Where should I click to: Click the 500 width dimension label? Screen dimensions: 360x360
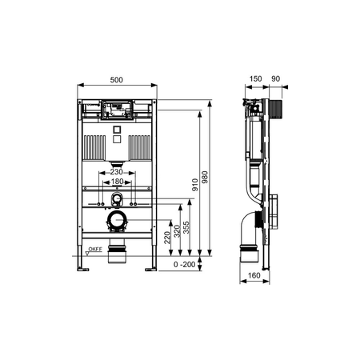click(x=117, y=80)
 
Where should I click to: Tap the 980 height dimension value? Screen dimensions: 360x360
click(x=205, y=177)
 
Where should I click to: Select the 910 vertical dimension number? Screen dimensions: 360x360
click(x=195, y=185)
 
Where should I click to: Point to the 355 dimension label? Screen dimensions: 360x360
click(x=186, y=227)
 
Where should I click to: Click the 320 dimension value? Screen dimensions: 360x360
click(x=177, y=231)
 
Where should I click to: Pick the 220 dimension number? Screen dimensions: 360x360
click(x=167, y=238)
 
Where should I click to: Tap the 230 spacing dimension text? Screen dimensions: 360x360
click(x=117, y=172)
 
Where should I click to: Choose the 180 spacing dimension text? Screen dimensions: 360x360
click(x=117, y=182)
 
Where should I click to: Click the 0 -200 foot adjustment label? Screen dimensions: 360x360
click(x=185, y=265)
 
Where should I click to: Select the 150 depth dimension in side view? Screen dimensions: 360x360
click(x=255, y=78)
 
